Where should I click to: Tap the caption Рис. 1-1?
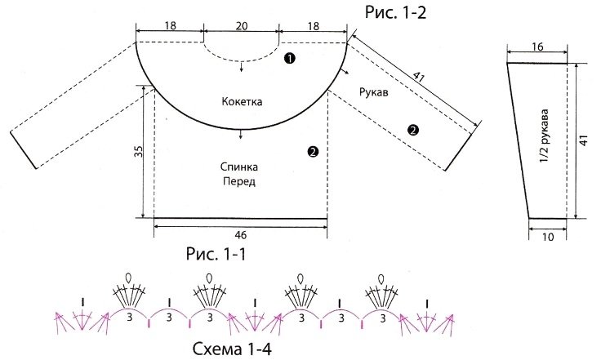(206, 254)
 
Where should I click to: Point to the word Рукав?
(373, 92)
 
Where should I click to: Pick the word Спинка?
(238, 167)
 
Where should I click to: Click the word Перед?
(238, 182)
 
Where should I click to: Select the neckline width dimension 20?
(241, 25)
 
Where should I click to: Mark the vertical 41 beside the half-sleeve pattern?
(585, 140)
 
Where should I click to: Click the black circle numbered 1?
(290, 59)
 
